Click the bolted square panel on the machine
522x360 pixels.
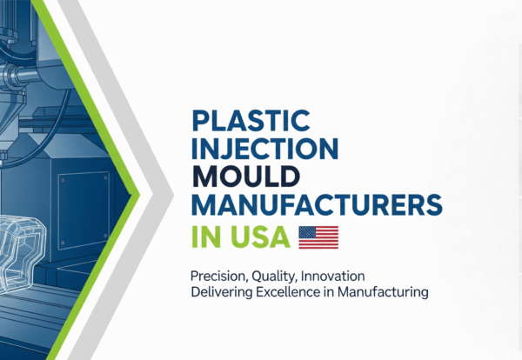pos(84,195)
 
